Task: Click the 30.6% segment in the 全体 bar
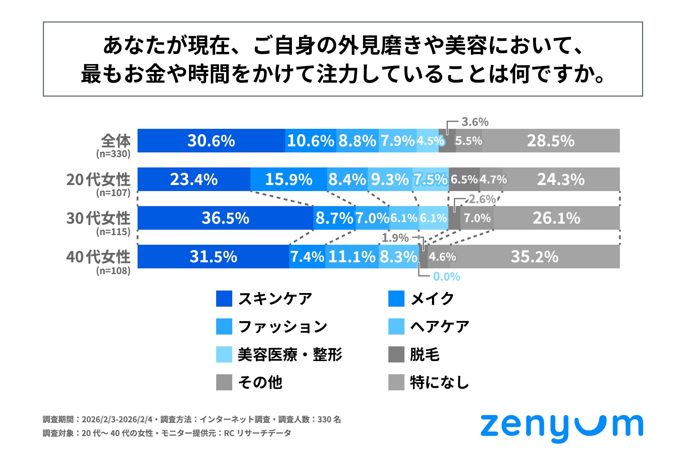click(x=211, y=141)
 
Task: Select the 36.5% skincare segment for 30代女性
click(x=225, y=218)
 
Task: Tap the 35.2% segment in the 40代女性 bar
click(x=535, y=257)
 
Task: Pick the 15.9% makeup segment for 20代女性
click(x=289, y=179)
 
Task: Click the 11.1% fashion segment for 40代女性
click(x=352, y=257)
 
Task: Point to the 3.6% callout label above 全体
click(x=475, y=122)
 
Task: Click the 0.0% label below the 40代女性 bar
click(x=446, y=277)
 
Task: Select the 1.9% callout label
click(x=395, y=238)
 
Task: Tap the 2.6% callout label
click(x=482, y=199)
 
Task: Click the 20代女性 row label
click(x=98, y=179)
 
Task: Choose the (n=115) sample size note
click(x=113, y=232)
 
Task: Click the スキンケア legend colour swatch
click(x=224, y=299)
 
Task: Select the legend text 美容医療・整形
click(x=290, y=355)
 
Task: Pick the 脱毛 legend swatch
click(x=396, y=355)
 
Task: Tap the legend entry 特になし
click(x=439, y=382)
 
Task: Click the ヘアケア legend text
click(x=439, y=327)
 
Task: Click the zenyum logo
click(x=561, y=427)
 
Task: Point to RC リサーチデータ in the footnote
click(x=257, y=433)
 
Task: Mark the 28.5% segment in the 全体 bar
click(x=551, y=141)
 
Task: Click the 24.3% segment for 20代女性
click(x=561, y=179)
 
